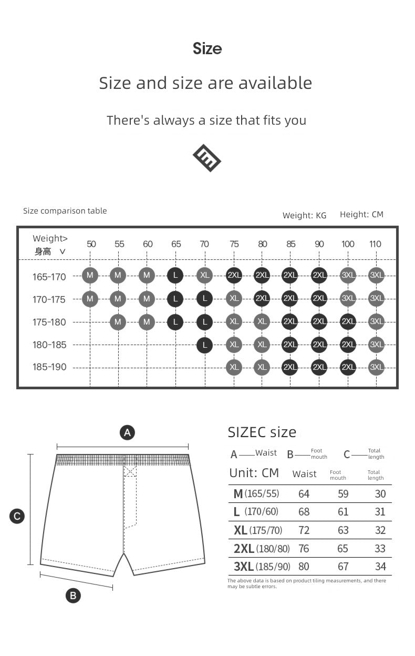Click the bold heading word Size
[207, 49]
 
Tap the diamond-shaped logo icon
[207, 157]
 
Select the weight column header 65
[176, 244]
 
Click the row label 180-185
[49, 345]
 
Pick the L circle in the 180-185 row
[204, 345]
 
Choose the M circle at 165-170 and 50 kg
[90, 275]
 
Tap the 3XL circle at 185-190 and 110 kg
[376, 367]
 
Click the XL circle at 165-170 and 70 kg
[204, 275]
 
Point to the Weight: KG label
[304, 215]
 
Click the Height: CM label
[361, 214]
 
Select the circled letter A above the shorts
[127, 432]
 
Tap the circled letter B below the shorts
[73, 596]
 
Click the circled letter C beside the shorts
[17, 516]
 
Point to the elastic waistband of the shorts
[122, 460]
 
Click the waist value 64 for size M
[304, 494]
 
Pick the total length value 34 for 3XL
[380, 567]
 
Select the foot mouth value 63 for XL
[343, 530]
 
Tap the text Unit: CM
[254, 473]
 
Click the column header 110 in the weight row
[375, 244]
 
